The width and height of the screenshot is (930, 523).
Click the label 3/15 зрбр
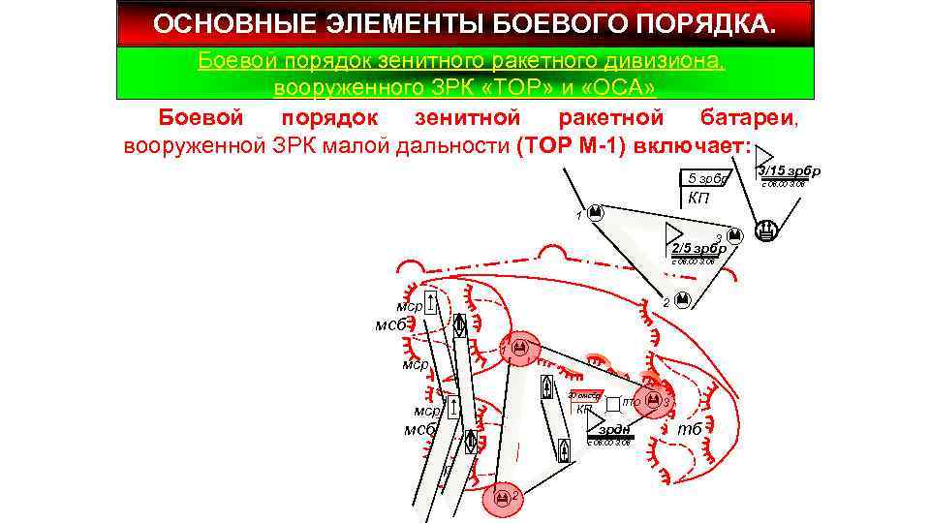tap(789, 171)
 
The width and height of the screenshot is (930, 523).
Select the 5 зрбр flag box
tap(707, 180)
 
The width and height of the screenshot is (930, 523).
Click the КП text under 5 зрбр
tap(697, 200)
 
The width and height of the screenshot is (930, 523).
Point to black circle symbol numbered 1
tap(596, 211)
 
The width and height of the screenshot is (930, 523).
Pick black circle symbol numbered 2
tap(681, 299)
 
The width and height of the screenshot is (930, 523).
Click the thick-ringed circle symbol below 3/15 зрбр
tap(766, 231)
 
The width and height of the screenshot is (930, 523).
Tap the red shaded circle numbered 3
tap(656, 399)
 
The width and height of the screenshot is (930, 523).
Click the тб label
tap(690, 429)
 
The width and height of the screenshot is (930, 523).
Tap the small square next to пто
tap(613, 401)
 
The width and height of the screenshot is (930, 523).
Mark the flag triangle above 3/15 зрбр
tap(764, 156)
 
